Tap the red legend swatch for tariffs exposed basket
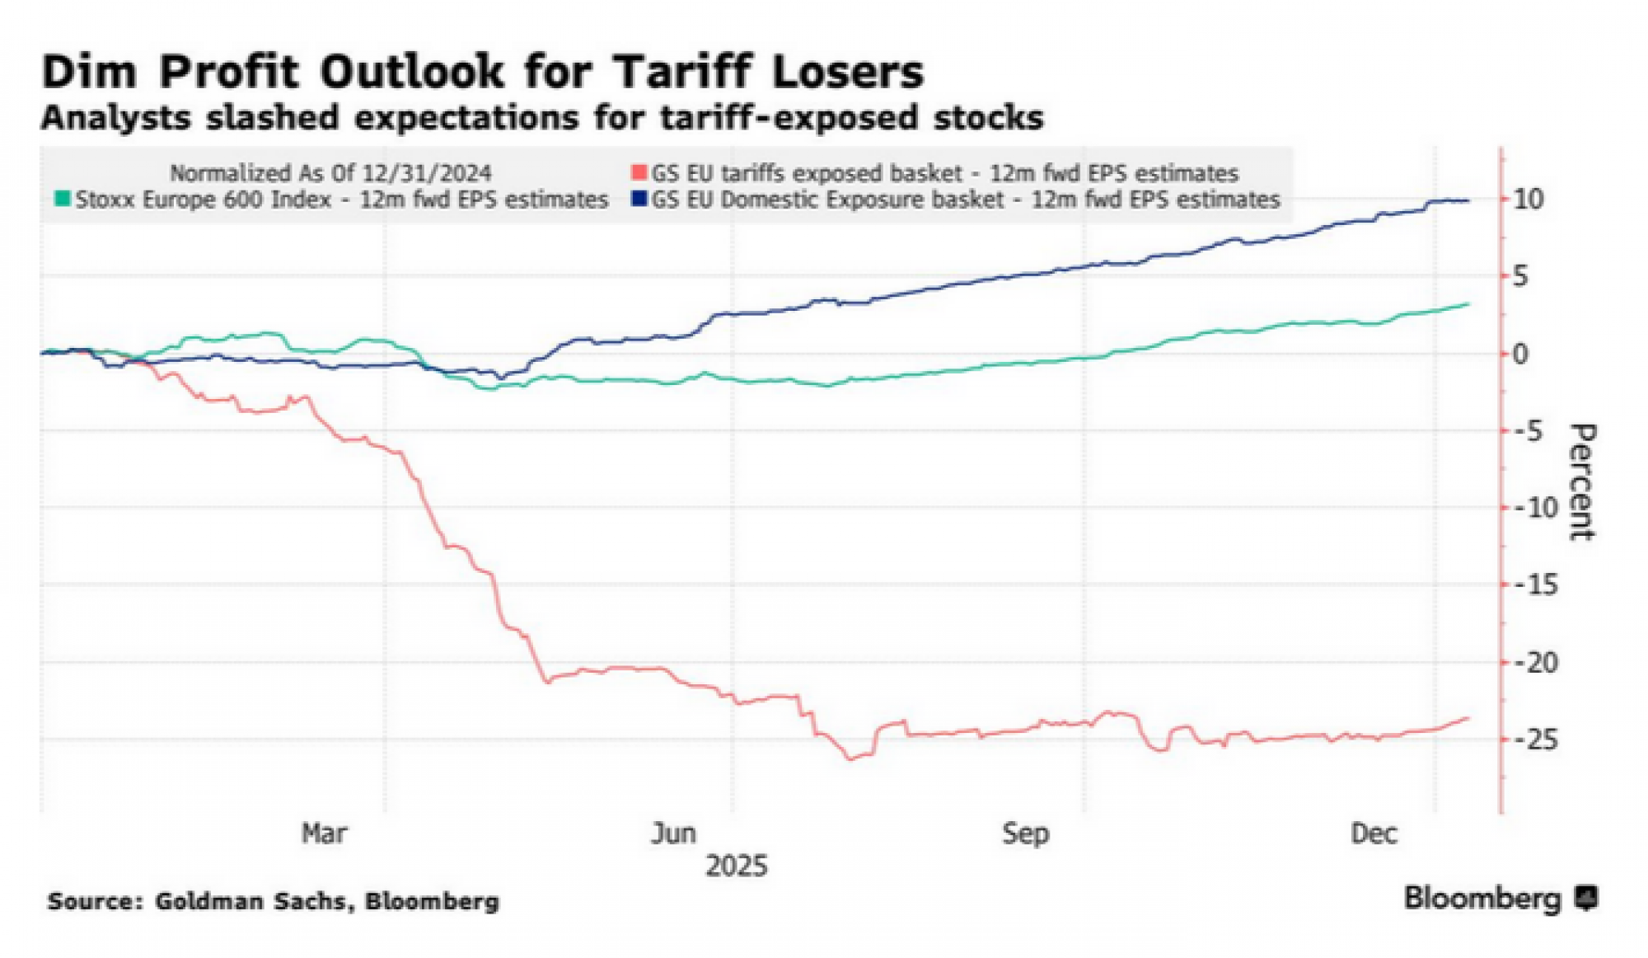[639, 173]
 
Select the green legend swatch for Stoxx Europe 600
[63, 200]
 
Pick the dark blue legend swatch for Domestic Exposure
[639, 200]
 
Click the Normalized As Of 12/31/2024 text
[330, 173]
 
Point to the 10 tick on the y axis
[1529, 200]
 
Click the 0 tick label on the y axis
[1520, 354]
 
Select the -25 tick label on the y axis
[1537, 740]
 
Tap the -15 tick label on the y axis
[1537, 585]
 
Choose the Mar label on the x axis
[324, 834]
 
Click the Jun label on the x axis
[673, 834]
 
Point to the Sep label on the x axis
[1025, 834]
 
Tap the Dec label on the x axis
[1374, 834]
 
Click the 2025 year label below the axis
[736, 866]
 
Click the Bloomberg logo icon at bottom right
[1586, 898]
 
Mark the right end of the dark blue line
[1468, 200]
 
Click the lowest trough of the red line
[851, 758]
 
